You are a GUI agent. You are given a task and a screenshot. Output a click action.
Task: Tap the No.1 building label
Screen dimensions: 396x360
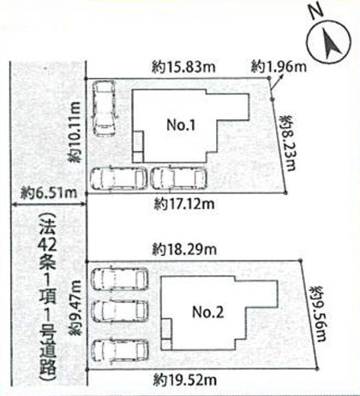[178, 125]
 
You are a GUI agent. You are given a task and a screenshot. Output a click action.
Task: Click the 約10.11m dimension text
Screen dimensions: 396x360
[77, 132]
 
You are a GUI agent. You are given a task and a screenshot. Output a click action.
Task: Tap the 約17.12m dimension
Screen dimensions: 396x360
[180, 202]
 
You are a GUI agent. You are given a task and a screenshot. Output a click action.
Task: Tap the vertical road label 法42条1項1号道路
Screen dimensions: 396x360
[48, 290]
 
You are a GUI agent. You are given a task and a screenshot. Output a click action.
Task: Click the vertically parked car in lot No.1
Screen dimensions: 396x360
[104, 108]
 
